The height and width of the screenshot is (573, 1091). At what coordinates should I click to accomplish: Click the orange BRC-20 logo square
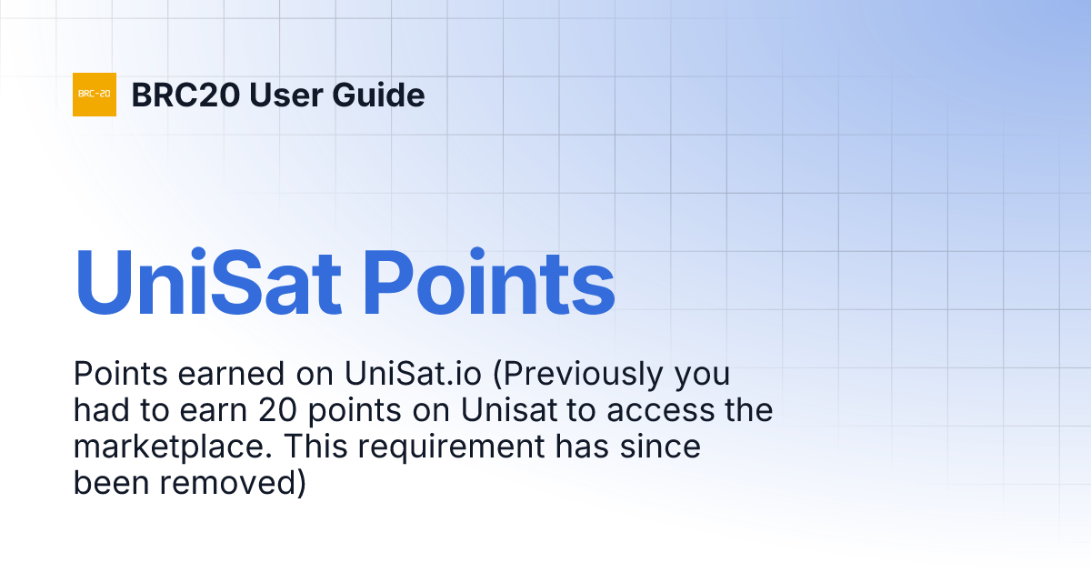tap(95, 95)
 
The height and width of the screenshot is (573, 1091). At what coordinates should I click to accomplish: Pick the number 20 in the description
tap(279, 411)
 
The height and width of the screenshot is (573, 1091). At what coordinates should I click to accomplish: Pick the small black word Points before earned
tap(117, 374)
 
